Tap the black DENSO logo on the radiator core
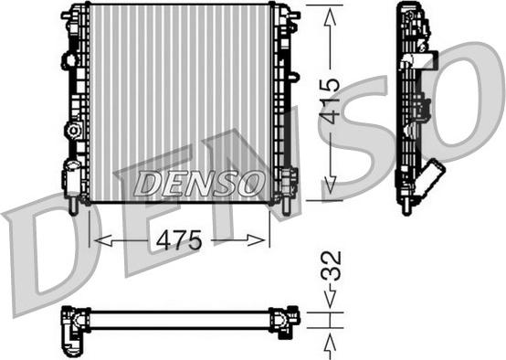tap(199, 184)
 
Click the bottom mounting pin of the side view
tap(405, 206)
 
